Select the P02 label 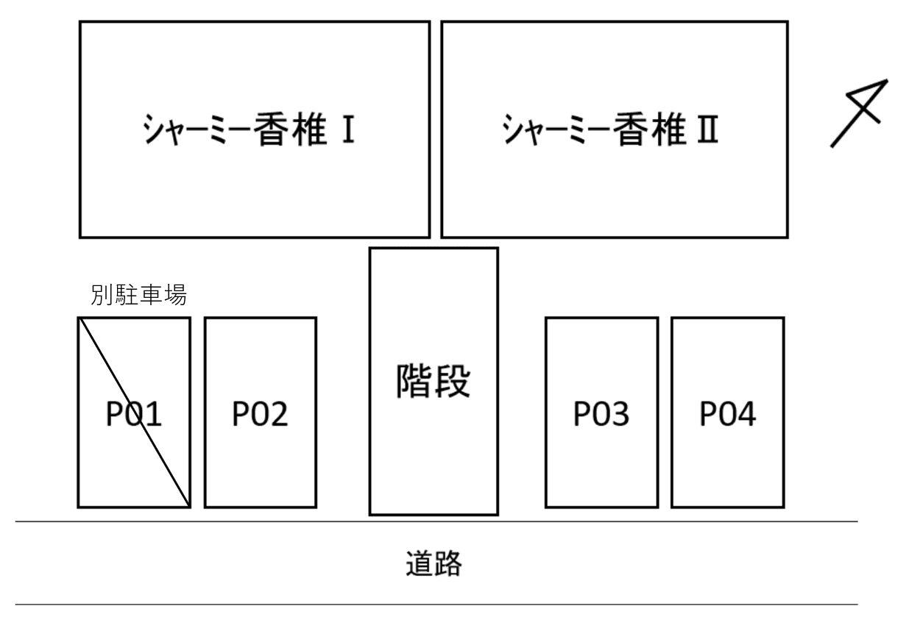pos(261,415)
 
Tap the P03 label pos(601,415)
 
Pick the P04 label pos(727,415)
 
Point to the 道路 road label pos(433,563)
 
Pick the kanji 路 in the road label pos(449,563)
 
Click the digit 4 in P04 pos(745,415)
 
